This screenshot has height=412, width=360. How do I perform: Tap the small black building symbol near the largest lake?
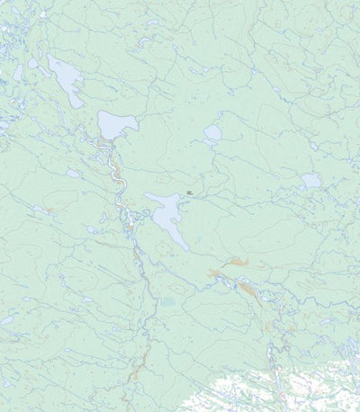189,192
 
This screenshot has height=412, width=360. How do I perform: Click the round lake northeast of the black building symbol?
212,135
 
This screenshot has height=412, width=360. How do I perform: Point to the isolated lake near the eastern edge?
310,181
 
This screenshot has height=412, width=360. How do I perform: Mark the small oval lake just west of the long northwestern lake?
34,64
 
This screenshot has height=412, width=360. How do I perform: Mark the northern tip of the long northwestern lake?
50,57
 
